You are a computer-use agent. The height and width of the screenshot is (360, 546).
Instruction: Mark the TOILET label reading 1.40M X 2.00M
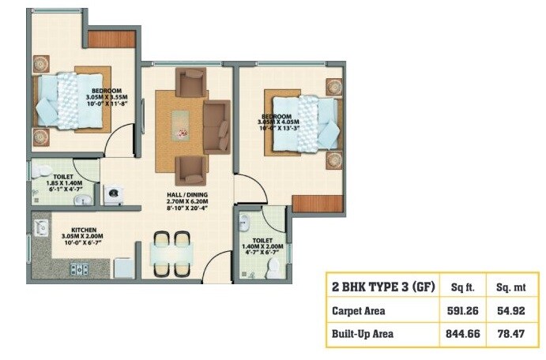click(263, 240)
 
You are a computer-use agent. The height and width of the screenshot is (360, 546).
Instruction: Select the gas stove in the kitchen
click(79, 269)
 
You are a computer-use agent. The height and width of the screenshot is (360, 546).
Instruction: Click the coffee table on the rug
click(181, 121)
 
